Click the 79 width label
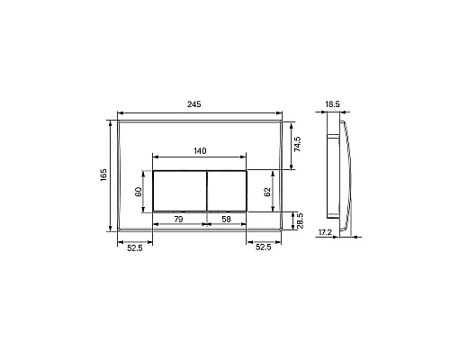click(x=178, y=220)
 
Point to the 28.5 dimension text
click(x=299, y=221)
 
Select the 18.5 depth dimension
click(x=332, y=104)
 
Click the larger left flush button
click(x=180, y=190)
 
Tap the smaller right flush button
click(x=228, y=190)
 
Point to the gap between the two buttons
click(x=207, y=190)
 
